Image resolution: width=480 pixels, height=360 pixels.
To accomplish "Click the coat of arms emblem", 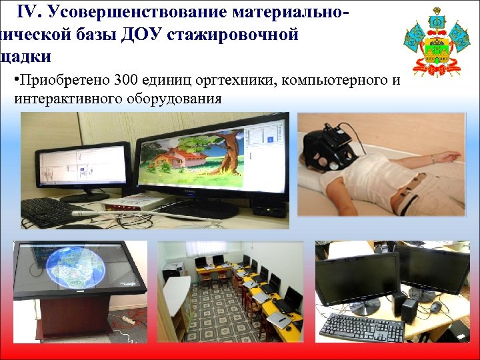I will (x=437, y=41).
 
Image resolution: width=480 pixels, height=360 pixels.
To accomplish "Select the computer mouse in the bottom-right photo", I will (x=436, y=307).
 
